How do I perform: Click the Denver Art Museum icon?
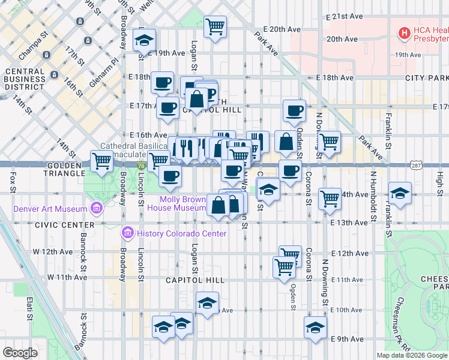click(95, 209)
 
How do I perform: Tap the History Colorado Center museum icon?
click(127, 233)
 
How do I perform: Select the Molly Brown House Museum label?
click(182, 203)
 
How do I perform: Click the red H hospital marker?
click(405, 32)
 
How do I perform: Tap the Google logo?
click(21, 352)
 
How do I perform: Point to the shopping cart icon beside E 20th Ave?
click(215, 26)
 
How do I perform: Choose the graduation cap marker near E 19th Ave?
click(144, 40)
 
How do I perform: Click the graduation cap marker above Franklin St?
click(400, 193)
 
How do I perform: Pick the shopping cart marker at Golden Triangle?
click(102, 161)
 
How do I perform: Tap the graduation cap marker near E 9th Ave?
click(315, 328)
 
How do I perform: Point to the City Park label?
click(427, 78)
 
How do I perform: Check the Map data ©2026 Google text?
click(412, 355)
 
